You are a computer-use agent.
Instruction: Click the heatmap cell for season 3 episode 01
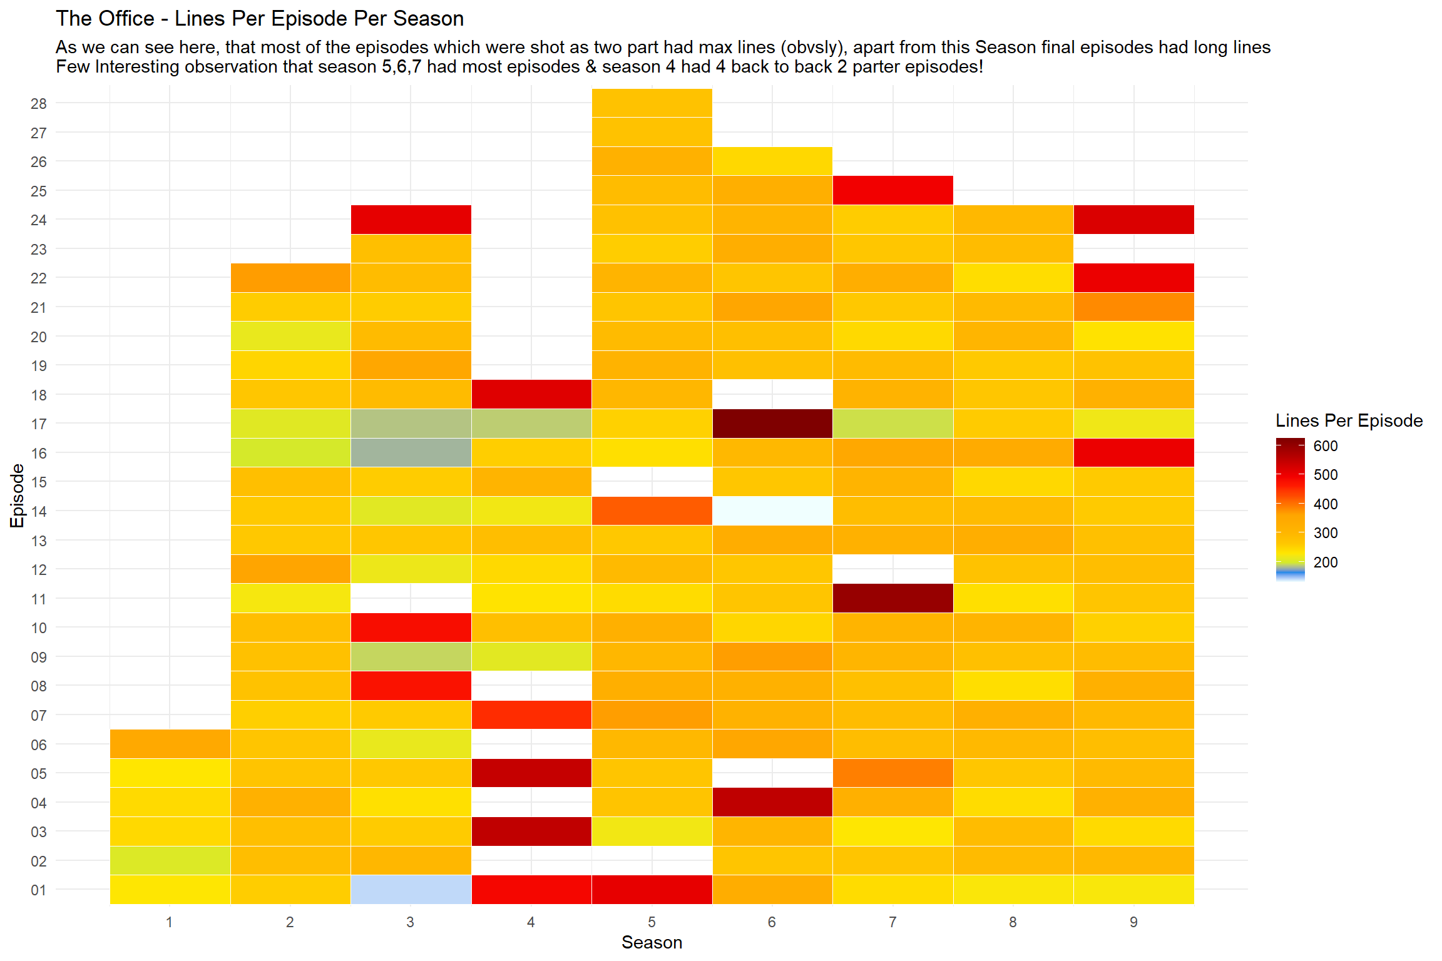click(411, 890)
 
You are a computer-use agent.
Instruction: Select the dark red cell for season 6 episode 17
click(772, 424)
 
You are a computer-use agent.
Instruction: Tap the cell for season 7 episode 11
click(892, 598)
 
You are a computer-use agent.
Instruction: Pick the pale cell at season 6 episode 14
click(772, 511)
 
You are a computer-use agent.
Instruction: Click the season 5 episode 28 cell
click(652, 103)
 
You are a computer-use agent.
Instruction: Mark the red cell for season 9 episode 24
click(1133, 220)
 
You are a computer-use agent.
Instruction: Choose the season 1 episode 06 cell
click(170, 744)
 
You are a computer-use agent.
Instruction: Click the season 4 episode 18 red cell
click(531, 394)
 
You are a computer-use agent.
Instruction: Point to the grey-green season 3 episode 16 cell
click(411, 452)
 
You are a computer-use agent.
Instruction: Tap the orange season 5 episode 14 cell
click(652, 511)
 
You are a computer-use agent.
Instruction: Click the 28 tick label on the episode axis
click(39, 104)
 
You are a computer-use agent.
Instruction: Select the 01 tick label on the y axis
click(39, 890)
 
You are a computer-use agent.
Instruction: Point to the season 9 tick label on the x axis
click(1133, 922)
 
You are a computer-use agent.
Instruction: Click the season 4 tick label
click(531, 922)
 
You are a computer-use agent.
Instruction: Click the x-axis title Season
click(652, 943)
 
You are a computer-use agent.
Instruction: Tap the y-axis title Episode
click(18, 496)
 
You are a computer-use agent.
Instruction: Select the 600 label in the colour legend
click(1325, 446)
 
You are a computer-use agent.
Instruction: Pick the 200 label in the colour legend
click(1325, 562)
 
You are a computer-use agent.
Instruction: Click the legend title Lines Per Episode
click(1349, 420)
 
